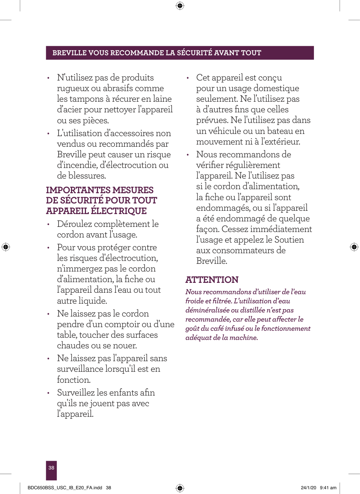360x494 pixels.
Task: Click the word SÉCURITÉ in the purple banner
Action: tap(194, 53)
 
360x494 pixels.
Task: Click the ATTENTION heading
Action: tap(212, 280)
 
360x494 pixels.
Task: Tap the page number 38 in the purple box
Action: tap(51, 468)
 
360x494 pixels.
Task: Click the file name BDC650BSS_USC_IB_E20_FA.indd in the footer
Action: tap(65, 488)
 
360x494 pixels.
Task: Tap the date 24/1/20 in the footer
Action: tap(308, 488)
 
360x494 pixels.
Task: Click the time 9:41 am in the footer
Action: tap(328, 488)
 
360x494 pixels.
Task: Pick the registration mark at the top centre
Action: tap(180, 5)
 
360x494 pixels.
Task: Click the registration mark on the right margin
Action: tap(354, 247)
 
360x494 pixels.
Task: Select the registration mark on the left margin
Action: tap(5, 247)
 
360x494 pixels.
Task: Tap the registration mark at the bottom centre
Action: tap(180, 488)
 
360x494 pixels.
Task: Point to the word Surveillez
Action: tap(76, 393)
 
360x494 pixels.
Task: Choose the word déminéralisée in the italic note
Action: tap(207, 310)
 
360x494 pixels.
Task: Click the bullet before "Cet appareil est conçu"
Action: tap(188, 78)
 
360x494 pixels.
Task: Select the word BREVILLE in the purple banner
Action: tap(70, 53)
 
